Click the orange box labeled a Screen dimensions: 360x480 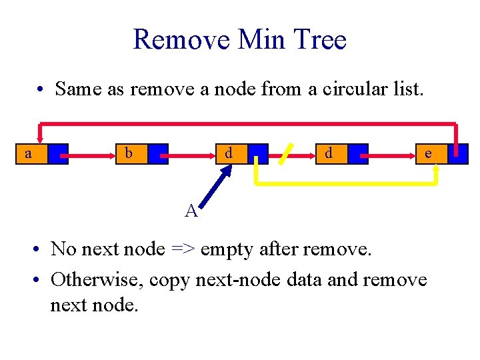29,154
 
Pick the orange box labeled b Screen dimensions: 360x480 129,154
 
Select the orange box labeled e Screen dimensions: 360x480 428,154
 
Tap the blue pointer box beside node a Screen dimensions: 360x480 58,154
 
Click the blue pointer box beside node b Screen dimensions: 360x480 158,154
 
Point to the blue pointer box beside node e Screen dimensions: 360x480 458,154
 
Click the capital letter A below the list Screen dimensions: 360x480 191,211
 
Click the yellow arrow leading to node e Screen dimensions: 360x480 347,182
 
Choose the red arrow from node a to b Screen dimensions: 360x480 90,155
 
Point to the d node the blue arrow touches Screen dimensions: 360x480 229,154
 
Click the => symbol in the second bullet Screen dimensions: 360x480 182,249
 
